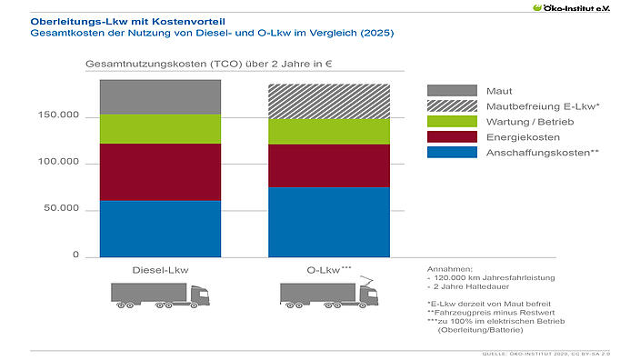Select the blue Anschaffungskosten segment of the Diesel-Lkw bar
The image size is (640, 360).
click(160, 228)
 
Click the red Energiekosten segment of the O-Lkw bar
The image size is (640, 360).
click(329, 165)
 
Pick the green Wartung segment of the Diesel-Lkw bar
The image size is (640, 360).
click(160, 129)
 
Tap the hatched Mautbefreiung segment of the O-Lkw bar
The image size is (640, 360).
click(329, 101)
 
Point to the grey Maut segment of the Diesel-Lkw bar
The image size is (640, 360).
click(160, 97)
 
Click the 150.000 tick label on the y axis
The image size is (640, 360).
click(62, 117)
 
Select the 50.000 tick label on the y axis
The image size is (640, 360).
click(65, 209)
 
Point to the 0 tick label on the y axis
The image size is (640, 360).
click(76, 255)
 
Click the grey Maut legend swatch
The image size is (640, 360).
click(452, 91)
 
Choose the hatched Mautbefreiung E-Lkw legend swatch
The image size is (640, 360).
click(452, 106)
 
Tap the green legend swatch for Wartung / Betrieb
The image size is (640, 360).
click(452, 122)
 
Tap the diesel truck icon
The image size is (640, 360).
click(160, 296)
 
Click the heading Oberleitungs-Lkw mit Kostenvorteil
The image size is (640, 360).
click(114, 19)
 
